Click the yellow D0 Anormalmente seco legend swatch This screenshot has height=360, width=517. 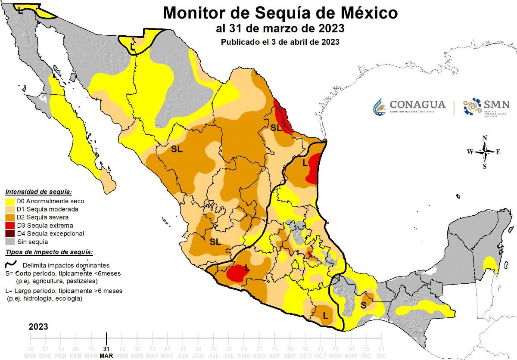click(10, 201)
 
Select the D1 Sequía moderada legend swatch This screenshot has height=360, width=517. click(10, 209)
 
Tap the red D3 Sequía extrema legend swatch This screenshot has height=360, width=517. click(10, 226)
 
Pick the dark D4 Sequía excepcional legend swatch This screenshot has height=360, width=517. click(10, 234)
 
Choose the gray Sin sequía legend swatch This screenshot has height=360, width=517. click(10, 242)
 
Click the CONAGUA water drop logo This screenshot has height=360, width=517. click(379, 106)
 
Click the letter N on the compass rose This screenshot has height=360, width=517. click(485, 138)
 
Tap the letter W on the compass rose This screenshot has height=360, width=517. click(470, 152)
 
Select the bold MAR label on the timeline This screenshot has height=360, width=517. click(106, 356)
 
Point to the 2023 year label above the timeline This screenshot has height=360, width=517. click(38, 327)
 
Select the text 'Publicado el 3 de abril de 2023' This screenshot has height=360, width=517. click(280, 42)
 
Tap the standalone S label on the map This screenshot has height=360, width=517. click(364, 305)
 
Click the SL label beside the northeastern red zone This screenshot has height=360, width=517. click(276, 127)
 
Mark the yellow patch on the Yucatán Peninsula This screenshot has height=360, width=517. click(490, 264)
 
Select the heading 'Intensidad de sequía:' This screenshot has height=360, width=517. click(38, 192)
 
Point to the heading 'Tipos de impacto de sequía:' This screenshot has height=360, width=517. click(49, 252)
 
